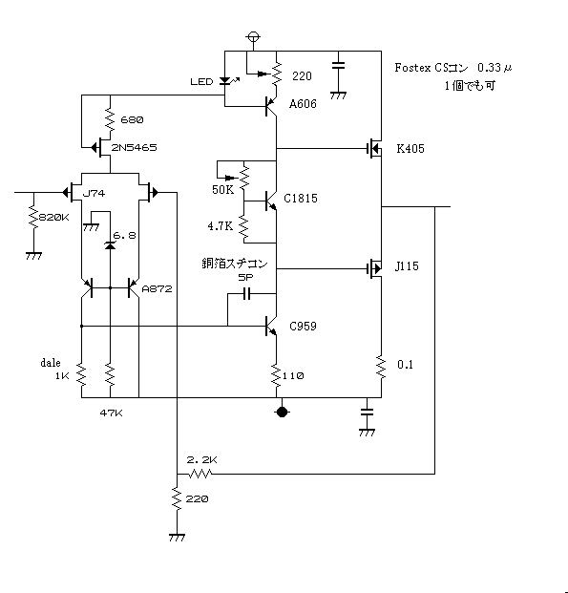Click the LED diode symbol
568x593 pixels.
225,81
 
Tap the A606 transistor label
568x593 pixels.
303,104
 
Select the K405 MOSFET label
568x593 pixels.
410,149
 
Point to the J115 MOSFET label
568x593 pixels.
407,266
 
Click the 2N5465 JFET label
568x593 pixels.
134,147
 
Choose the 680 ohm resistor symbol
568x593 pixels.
110,120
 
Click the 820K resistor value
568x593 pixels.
54,218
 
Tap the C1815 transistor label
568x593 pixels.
301,199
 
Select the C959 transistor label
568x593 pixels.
303,326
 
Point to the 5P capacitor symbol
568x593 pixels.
246,293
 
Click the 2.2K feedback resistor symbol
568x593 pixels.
200,474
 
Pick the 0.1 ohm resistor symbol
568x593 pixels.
381,367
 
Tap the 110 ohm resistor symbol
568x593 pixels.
276,375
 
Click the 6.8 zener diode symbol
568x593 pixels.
110,245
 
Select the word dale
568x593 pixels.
51,363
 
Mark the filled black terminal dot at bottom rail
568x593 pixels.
282,412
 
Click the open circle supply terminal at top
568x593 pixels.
253,37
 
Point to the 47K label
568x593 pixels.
111,413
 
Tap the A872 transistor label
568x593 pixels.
157,289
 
